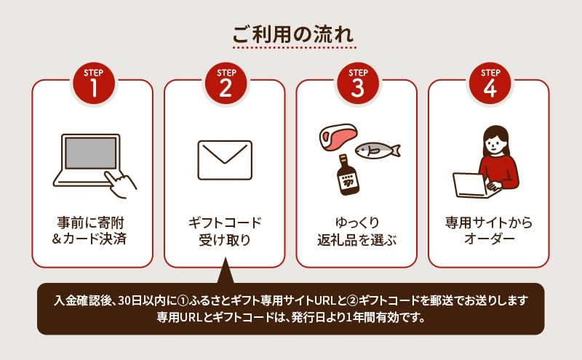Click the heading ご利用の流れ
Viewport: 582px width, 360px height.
tap(293, 34)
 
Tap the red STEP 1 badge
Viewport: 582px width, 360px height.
tap(94, 83)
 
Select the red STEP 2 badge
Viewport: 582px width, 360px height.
tap(226, 83)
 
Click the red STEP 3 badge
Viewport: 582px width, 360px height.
tap(358, 83)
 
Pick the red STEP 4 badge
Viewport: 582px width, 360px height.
tap(490, 83)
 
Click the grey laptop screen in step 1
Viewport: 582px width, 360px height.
tap(90, 153)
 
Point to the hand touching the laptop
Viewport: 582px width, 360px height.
tap(120, 184)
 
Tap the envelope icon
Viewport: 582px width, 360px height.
tap(225, 160)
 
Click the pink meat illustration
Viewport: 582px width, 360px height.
tap(338, 137)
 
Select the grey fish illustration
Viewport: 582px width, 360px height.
tap(378, 151)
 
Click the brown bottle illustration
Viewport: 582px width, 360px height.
tap(348, 175)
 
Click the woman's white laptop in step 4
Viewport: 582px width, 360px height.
tap(470, 185)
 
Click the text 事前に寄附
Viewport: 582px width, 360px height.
tap(90, 223)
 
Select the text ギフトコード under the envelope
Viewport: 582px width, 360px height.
tap(225, 223)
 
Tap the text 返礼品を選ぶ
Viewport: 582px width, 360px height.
tap(356, 240)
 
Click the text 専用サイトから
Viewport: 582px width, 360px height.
tap(489, 223)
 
